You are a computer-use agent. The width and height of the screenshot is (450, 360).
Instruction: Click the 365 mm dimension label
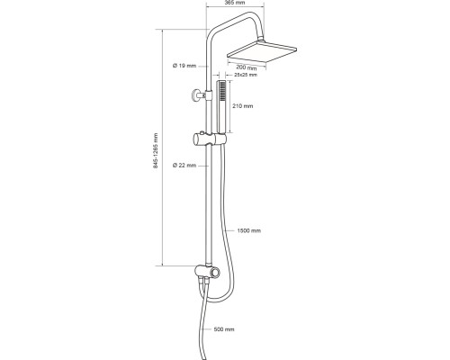click(x=235, y=3)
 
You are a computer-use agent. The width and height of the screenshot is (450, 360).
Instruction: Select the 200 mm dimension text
click(x=247, y=67)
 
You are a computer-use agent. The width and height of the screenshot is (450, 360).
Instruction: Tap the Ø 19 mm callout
click(x=184, y=66)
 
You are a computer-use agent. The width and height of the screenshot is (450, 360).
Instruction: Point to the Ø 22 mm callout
click(x=184, y=166)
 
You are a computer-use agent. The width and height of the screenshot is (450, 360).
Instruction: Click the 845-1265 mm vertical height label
click(x=156, y=150)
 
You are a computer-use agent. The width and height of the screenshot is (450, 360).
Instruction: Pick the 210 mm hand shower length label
click(x=243, y=106)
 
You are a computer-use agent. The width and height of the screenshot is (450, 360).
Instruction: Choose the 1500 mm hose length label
click(x=249, y=230)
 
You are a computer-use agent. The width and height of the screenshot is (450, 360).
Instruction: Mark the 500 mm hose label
click(x=224, y=329)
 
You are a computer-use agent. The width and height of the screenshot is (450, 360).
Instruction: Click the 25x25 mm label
click(x=246, y=75)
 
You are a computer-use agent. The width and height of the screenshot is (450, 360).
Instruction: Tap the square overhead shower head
click(x=262, y=52)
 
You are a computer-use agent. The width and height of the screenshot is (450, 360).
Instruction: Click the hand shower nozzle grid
click(x=222, y=90)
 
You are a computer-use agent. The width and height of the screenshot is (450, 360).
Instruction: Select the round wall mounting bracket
click(x=196, y=95)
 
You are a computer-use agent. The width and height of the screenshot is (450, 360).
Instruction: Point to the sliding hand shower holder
click(x=209, y=139)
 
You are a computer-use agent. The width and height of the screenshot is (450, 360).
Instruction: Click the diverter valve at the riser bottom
click(x=207, y=272)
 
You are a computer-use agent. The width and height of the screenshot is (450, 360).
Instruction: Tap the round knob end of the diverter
click(x=215, y=273)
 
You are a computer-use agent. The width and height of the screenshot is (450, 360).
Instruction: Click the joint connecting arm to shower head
click(x=262, y=39)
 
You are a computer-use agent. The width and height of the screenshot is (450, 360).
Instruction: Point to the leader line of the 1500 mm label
click(x=230, y=230)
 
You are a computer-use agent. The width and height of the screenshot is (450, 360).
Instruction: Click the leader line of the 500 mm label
click(x=207, y=329)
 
